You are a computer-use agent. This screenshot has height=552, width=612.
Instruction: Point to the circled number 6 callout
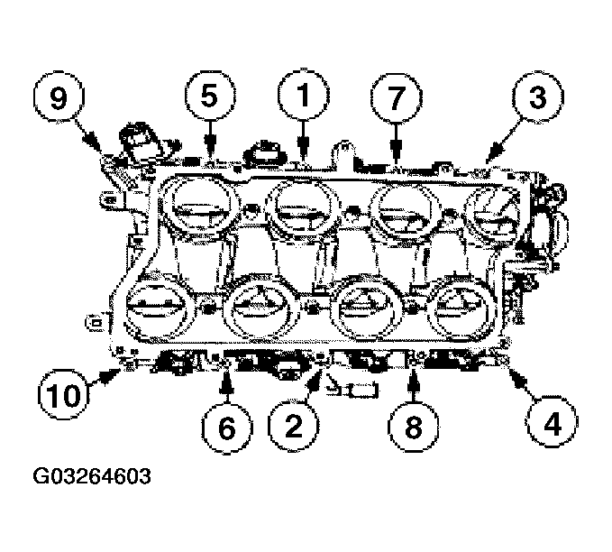pyautogui.click(x=226, y=424)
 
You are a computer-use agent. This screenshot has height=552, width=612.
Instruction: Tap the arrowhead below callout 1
pyautogui.click(x=303, y=159)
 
